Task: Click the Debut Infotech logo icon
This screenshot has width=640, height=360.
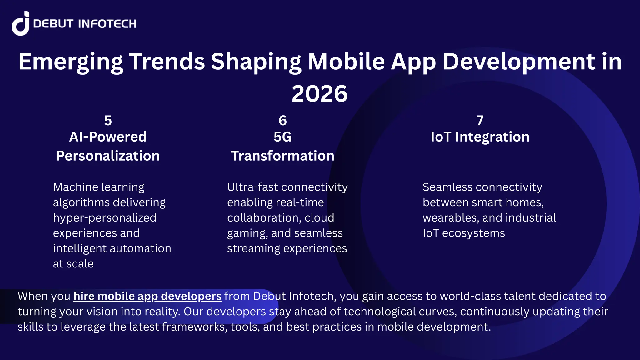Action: [x=21, y=24]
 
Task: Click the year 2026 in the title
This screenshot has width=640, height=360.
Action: [x=319, y=94]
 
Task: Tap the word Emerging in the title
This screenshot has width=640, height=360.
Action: [x=70, y=62]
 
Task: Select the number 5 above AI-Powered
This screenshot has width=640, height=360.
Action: [x=108, y=121]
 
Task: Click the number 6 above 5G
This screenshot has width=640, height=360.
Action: [x=282, y=121]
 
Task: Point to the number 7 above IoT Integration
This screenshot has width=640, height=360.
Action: [x=480, y=121]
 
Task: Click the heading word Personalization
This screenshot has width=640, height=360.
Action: [x=108, y=156]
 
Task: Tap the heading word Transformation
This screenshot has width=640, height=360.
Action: [x=282, y=156]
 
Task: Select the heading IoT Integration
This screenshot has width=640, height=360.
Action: [x=480, y=137]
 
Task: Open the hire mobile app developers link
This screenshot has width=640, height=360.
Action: [x=147, y=296]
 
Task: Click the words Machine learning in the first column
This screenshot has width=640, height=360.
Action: [x=98, y=187]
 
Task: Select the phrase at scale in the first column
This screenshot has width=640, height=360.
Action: [x=73, y=264]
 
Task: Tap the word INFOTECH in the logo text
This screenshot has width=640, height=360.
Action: [x=107, y=24]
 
